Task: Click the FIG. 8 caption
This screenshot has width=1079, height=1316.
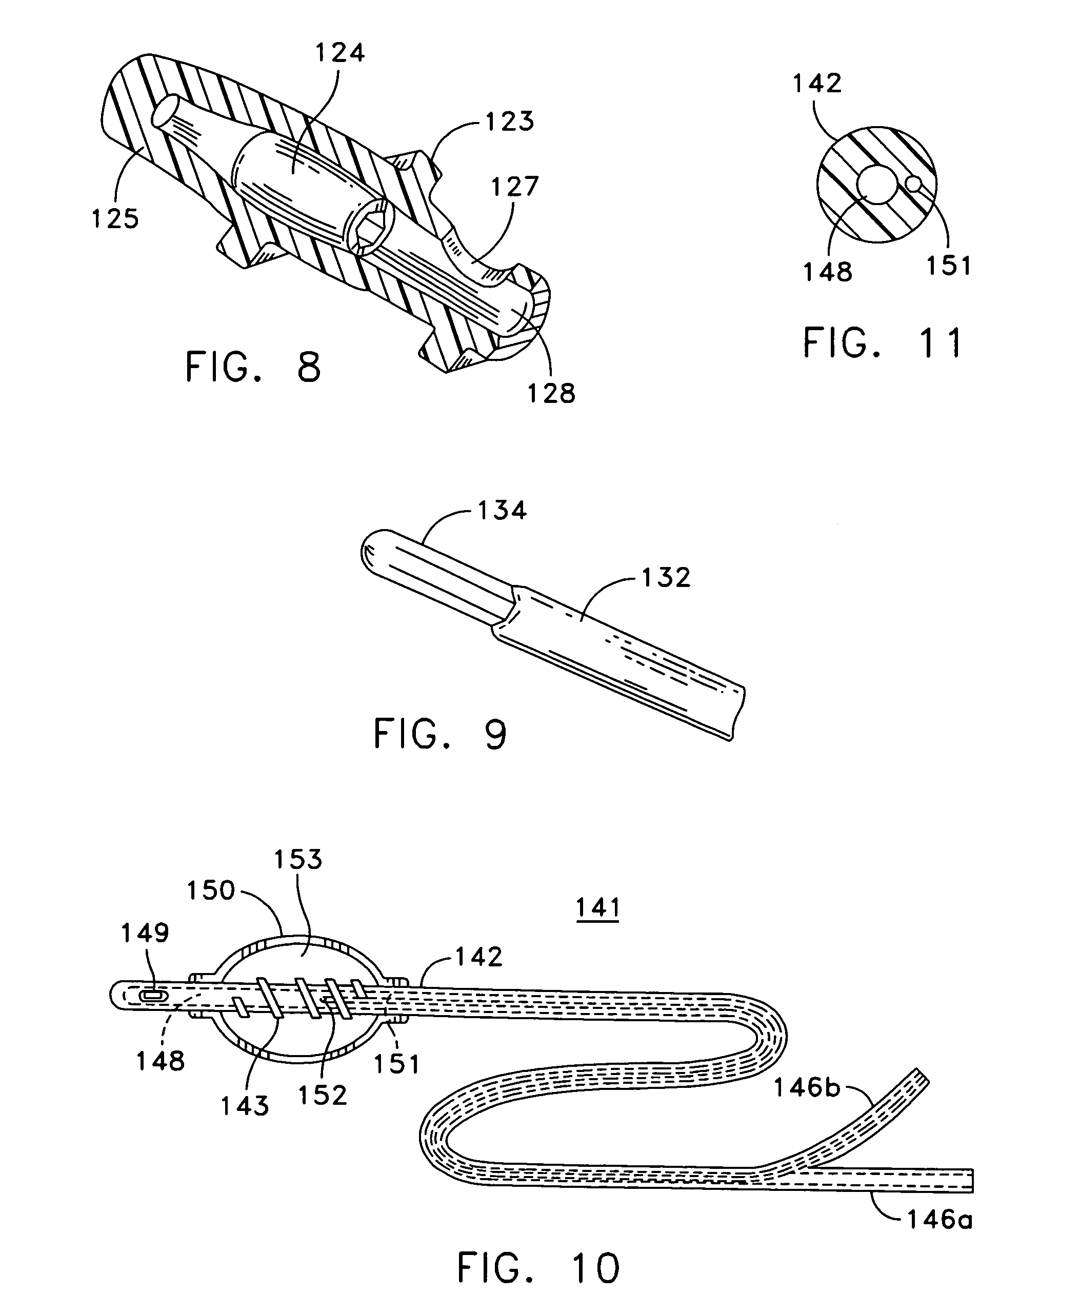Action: click(253, 367)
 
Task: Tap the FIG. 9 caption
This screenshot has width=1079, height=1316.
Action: click(440, 734)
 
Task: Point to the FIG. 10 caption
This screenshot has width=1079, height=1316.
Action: click(538, 1268)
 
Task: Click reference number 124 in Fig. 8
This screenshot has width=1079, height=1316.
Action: click(340, 53)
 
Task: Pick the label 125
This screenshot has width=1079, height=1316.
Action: click(115, 219)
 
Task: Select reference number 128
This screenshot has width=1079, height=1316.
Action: click(552, 393)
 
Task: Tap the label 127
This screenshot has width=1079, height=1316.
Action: click(515, 187)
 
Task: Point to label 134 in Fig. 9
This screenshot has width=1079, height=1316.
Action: click(502, 510)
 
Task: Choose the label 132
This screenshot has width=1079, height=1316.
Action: click(666, 578)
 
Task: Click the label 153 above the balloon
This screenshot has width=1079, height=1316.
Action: click(298, 859)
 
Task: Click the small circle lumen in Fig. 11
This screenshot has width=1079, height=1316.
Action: click(914, 184)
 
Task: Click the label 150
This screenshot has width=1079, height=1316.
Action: click(211, 890)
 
